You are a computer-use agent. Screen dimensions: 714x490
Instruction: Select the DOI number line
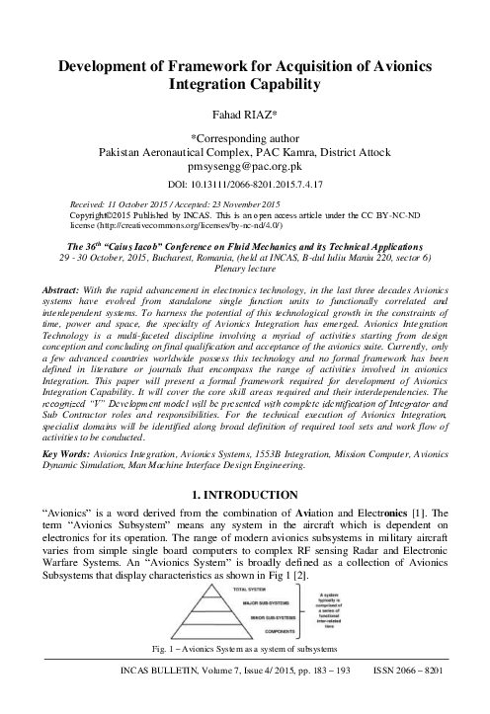(244, 185)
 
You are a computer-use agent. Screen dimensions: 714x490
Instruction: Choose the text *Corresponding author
(244, 139)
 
